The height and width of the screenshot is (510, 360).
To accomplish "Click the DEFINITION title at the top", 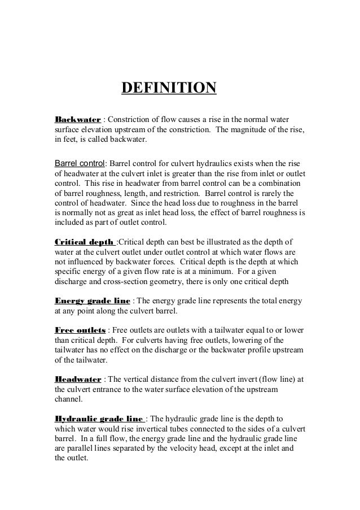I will [169, 89].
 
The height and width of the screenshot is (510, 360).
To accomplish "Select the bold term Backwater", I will [77, 120].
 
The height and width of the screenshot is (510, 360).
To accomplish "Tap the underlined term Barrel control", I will [80, 164].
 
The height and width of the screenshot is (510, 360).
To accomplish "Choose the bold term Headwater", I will [77, 379].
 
